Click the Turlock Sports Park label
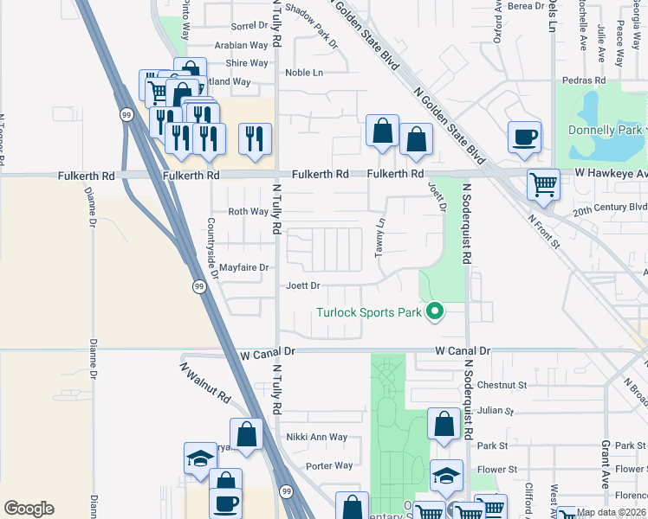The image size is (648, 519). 369,312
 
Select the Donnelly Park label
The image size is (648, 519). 606,131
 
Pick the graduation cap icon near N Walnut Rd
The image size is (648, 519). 201,458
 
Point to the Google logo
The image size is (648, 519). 29,509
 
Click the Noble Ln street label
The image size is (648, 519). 303,73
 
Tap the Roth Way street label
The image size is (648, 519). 248,212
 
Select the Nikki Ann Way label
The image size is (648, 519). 316,438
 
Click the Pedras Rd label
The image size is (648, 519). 583,80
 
